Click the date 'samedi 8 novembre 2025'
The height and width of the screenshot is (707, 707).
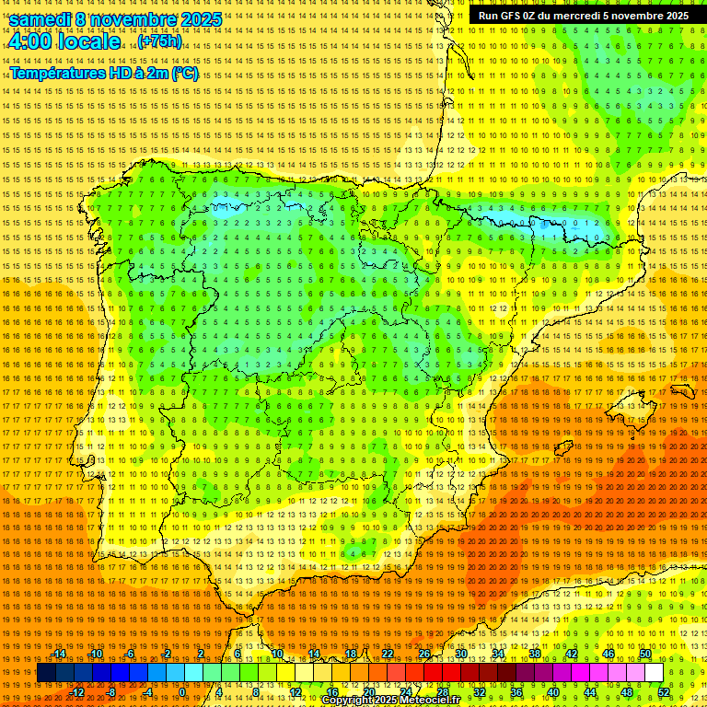tap(115, 19)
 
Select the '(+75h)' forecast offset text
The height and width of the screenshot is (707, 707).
tap(159, 41)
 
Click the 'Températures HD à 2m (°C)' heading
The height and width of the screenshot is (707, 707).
tap(104, 74)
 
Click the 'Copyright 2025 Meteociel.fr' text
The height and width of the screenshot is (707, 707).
tap(390, 701)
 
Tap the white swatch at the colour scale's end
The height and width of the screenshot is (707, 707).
tap(655, 673)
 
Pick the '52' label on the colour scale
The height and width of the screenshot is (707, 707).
tap(664, 692)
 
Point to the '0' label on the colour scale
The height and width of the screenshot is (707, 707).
tap(182, 692)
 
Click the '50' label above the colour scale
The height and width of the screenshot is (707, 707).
tap(645, 654)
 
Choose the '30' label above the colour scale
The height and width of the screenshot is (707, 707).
tap(461, 654)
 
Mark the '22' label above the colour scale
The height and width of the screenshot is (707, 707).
tap(388, 654)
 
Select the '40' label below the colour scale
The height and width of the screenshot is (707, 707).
tap(553, 692)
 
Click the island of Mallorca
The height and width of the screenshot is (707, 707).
tap(631, 406)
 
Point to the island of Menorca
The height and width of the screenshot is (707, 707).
tap(682, 391)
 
